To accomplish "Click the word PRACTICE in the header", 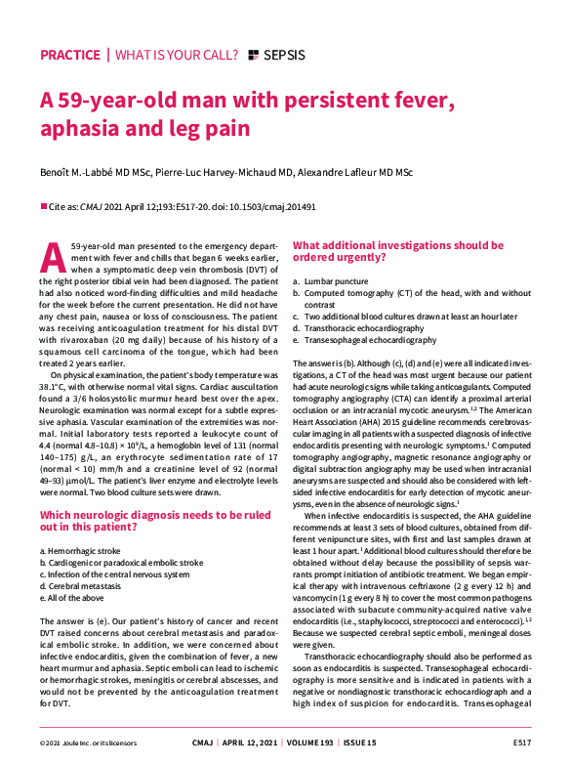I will tap(70, 55).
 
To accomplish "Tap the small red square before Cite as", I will tap(43, 207).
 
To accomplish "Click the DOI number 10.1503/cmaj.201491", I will tap(282, 207).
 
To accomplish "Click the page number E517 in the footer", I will tap(519, 744).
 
